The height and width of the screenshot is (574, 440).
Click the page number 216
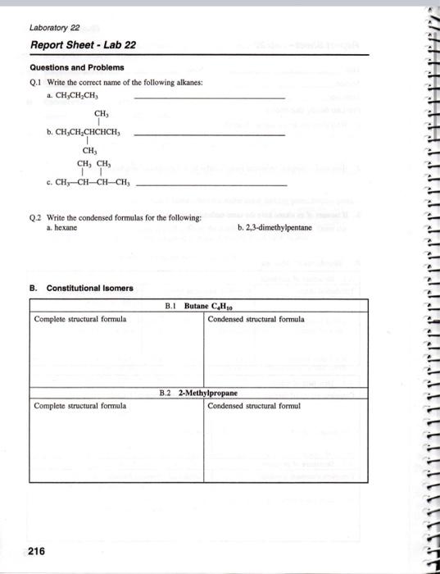click(37, 552)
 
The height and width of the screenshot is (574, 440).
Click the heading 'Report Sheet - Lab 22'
click(83, 44)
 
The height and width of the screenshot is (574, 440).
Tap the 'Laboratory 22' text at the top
click(51, 26)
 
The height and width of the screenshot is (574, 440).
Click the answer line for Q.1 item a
click(209, 99)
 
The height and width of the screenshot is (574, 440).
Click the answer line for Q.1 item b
click(209, 134)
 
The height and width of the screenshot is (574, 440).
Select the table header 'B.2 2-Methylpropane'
click(200, 393)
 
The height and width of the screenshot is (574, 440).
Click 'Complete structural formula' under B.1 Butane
click(80, 319)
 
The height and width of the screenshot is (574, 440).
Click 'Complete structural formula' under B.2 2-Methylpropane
click(80, 406)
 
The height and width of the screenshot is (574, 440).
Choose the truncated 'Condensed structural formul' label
click(254, 406)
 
